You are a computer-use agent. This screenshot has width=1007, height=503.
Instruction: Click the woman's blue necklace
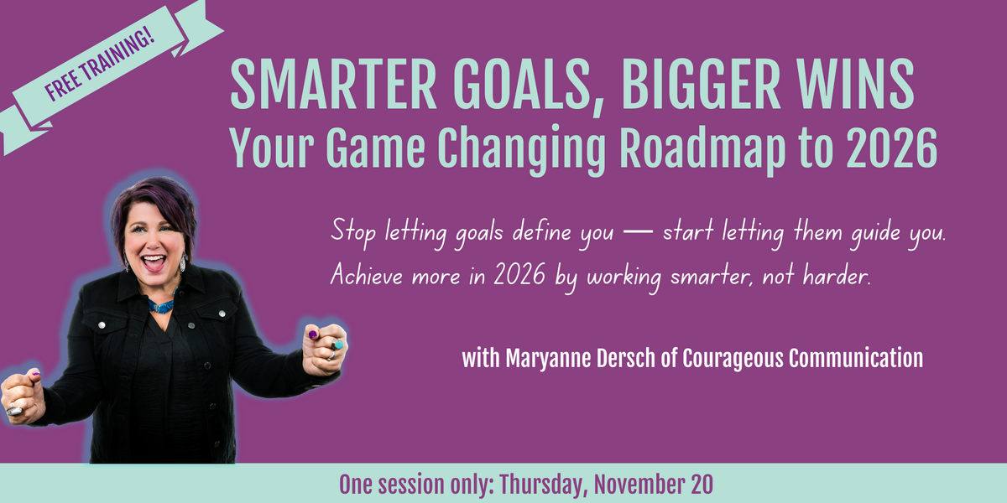coord(161,304)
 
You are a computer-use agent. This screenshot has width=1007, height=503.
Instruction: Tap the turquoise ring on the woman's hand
coord(338,344)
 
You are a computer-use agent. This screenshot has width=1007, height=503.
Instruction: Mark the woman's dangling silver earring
coord(184,263)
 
